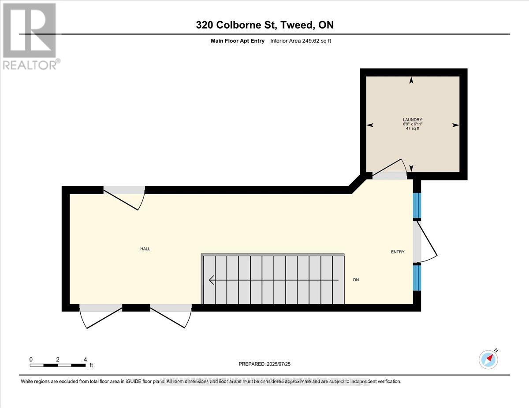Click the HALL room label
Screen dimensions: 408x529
tap(145, 249)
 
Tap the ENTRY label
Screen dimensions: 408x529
tap(397, 252)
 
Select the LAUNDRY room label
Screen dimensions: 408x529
tap(412, 120)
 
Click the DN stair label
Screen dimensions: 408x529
tap(356, 280)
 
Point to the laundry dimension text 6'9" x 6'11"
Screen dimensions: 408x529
tap(412, 124)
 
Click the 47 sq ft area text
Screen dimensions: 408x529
tap(412, 129)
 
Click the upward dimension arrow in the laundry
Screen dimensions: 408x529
tap(411, 81)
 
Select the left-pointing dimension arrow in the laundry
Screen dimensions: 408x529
tap(370, 125)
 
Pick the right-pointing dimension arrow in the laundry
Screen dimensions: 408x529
tap(455, 125)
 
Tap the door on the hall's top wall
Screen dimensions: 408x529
tap(125, 198)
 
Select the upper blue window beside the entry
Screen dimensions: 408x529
tap(417, 206)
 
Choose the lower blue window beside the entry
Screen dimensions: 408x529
tap(417, 277)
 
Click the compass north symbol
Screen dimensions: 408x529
tap(488, 359)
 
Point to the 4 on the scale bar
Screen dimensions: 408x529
tap(85, 359)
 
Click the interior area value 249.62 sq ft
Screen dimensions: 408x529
tap(313, 41)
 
